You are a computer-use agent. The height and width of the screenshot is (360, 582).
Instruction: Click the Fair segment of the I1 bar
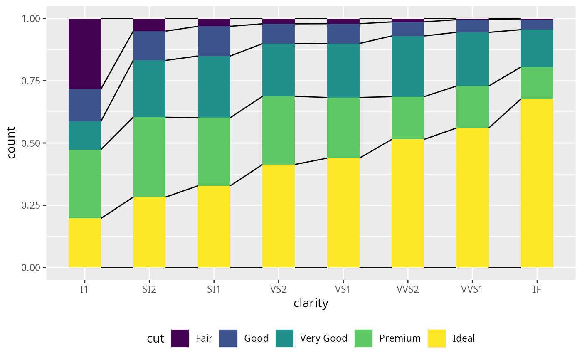coord(85,54)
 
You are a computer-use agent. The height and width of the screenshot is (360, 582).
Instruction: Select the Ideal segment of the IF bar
coord(537,183)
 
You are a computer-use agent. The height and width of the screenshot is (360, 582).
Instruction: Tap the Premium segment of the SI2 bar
coord(149,157)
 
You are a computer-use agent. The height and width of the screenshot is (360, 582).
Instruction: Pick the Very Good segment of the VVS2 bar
coord(408,67)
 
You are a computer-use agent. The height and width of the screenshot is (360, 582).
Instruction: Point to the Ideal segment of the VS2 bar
coord(279,216)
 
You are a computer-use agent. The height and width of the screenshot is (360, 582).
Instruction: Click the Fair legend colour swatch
coord(180,338)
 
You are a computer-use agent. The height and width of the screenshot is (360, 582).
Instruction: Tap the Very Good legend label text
coord(323,338)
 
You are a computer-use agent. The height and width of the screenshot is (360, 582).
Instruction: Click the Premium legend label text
coord(400,338)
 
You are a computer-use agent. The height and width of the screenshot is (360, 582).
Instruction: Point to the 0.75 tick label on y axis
coord(32,81)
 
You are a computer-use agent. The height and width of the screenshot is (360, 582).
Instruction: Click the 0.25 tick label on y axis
coord(32,205)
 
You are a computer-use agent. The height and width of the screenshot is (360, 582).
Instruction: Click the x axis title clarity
coord(311,303)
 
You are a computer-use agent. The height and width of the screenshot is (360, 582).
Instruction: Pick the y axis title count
coord(11,143)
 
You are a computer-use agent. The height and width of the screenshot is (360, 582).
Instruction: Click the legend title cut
coord(155,338)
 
